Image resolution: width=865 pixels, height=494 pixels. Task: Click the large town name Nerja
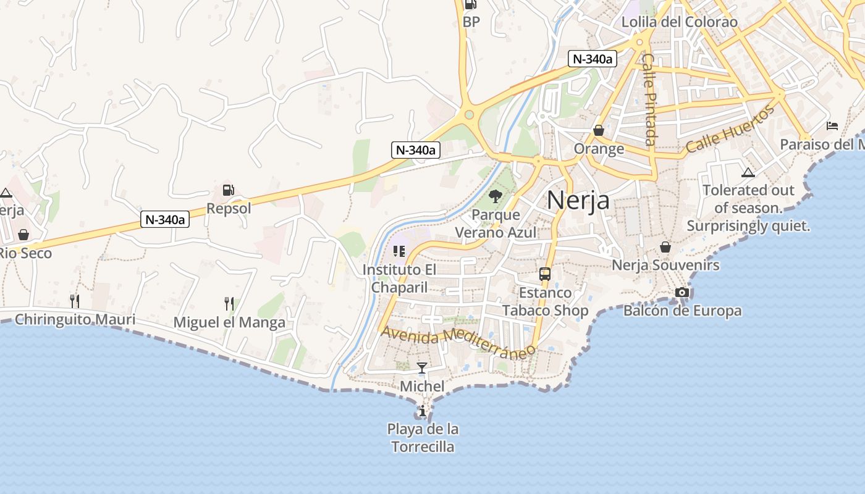(x=578, y=200)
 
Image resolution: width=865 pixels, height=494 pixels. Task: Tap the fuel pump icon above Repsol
(x=229, y=190)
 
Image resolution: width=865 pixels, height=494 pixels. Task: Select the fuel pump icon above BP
(x=471, y=4)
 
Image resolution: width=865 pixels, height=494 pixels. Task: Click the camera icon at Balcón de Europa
(x=682, y=292)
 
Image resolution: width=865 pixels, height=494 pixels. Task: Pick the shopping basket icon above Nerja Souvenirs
(x=665, y=247)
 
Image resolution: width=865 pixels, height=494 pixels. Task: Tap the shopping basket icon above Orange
(x=598, y=130)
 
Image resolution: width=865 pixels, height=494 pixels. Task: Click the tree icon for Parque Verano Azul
(x=495, y=196)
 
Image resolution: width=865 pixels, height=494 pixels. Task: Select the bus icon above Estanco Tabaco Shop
(x=544, y=274)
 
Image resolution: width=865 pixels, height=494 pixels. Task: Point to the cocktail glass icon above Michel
(x=422, y=368)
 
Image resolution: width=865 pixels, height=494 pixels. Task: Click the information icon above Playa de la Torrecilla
(x=422, y=411)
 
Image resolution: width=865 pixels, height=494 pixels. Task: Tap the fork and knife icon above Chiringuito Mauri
(x=74, y=301)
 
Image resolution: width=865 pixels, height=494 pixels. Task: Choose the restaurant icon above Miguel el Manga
(x=229, y=304)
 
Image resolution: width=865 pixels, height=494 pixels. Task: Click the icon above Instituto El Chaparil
(x=399, y=251)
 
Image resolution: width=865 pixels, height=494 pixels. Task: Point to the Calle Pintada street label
(x=648, y=99)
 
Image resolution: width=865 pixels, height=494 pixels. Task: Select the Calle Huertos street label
(x=730, y=130)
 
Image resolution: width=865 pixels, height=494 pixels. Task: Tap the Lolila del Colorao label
(x=680, y=22)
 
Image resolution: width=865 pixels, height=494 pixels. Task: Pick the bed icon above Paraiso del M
(x=832, y=126)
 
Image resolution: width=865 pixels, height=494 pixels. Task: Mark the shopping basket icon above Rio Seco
(x=23, y=235)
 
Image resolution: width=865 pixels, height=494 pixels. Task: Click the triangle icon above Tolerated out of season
(x=748, y=172)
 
